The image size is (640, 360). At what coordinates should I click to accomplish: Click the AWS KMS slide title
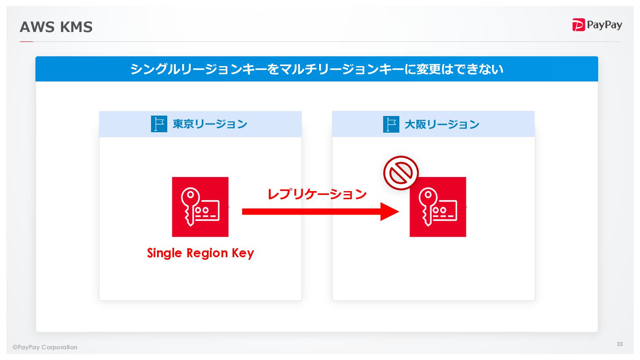tap(56, 27)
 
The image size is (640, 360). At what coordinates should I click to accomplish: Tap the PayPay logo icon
tap(578, 25)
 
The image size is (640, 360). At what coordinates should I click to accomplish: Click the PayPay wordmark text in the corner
tap(604, 25)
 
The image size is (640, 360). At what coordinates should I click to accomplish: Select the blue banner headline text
tap(317, 69)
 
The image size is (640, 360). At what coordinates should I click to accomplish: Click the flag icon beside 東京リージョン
tap(159, 124)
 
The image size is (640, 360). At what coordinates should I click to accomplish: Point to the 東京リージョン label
tap(210, 124)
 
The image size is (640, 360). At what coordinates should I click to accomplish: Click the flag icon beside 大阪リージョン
tap(391, 125)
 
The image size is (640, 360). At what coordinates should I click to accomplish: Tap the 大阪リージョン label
tap(442, 125)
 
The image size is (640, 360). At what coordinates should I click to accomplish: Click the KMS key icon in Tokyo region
tap(200, 207)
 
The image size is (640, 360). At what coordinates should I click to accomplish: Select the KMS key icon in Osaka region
tap(438, 207)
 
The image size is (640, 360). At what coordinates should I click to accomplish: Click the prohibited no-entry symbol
tap(401, 173)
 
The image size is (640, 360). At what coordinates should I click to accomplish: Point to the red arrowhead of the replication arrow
tap(389, 212)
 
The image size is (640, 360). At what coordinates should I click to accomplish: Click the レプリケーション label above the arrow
tap(317, 195)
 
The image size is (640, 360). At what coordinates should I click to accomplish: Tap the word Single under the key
tap(165, 253)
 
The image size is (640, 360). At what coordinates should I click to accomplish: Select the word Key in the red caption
tap(243, 253)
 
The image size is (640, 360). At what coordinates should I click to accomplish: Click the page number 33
tap(620, 344)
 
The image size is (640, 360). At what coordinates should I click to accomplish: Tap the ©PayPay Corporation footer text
tap(45, 347)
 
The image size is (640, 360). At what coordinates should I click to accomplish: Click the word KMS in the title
tap(76, 27)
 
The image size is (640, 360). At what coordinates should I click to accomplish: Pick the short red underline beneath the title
tap(26, 42)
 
